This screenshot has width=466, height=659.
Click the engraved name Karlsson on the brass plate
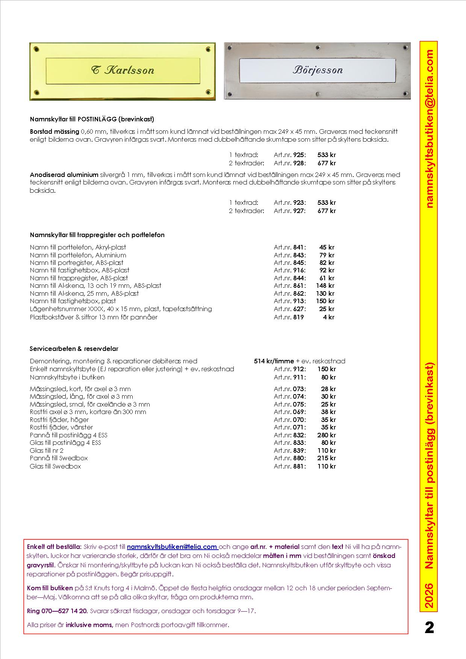(x=123, y=70)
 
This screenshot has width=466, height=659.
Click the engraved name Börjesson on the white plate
(x=318, y=70)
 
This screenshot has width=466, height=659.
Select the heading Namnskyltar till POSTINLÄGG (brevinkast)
(x=92, y=119)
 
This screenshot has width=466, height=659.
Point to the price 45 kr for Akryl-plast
(x=327, y=247)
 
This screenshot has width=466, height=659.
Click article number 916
(x=299, y=270)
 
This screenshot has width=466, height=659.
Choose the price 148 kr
(x=325, y=286)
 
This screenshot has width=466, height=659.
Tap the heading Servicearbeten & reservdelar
(x=74, y=349)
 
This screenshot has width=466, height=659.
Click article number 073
(x=299, y=389)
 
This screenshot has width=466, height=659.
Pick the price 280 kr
(x=326, y=435)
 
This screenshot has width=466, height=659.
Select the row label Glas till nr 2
(x=47, y=450)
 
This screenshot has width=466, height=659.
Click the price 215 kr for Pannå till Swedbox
(x=326, y=458)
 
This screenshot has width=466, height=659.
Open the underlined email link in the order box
(x=172, y=547)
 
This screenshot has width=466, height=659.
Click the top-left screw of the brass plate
(x=37, y=49)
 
